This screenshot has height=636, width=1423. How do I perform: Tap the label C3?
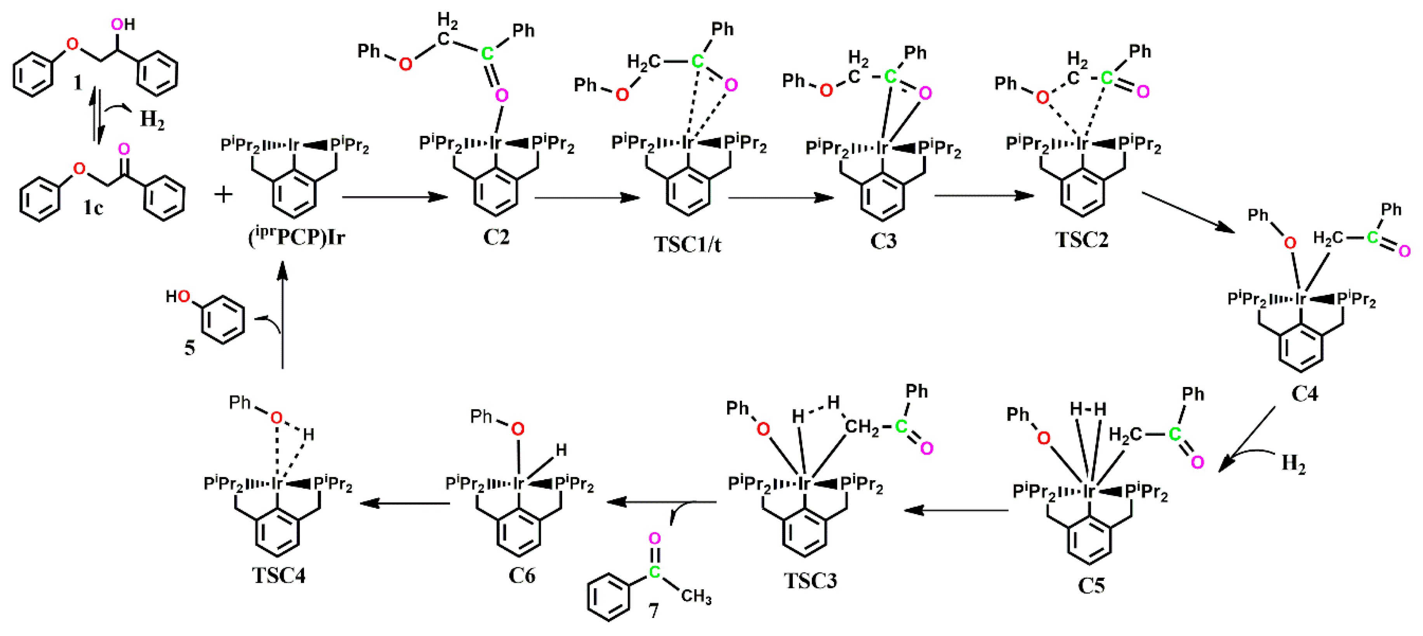click(883, 240)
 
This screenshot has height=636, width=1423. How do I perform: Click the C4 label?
click(1304, 394)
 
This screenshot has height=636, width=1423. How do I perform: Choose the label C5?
click(1091, 585)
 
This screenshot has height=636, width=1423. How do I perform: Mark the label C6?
click(521, 576)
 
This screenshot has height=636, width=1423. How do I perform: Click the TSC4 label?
click(278, 576)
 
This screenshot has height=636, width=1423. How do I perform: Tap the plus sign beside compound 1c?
click(224, 195)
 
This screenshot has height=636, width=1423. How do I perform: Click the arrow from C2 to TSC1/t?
click(587, 197)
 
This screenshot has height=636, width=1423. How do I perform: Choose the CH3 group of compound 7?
click(696, 597)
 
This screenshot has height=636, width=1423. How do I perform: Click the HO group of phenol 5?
click(178, 297)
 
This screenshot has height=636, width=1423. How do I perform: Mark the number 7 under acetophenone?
click(653, 611)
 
